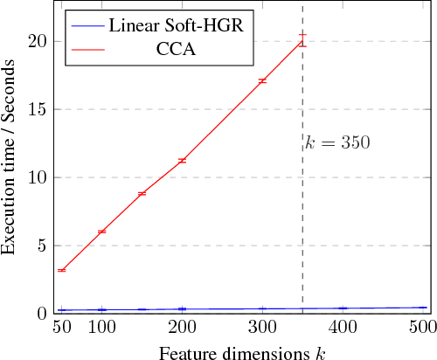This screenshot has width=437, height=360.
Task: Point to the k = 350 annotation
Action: pyautogui.click(x=337, y=142)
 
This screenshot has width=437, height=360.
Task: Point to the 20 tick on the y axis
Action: pyautogui.click(x=32, y=41)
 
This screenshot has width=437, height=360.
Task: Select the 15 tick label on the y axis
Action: pyautogui.click(x=32, y=109)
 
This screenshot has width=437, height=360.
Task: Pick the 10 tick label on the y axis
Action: pyautogui.click(x=32, y=177)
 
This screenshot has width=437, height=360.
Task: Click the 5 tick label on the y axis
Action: pyautogui.click(x=37, y=245)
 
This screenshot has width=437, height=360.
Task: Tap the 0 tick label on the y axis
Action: pyautogui.click(x=37, y=313)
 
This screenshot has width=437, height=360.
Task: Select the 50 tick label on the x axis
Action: pyautogui.click(x=61, y=327)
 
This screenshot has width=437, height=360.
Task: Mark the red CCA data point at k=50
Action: pyautogui.click(x=61, y=271)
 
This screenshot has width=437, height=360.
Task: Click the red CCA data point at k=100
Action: pyautogui.click(x=101, y=232)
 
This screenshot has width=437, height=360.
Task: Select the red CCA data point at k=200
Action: pyautogui.click(x=182, y=161)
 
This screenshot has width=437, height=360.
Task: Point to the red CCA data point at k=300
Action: pyautogui.click(x=262, y=80)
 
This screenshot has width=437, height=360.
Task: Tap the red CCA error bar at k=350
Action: pyautogui.click(x=302, y=40)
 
